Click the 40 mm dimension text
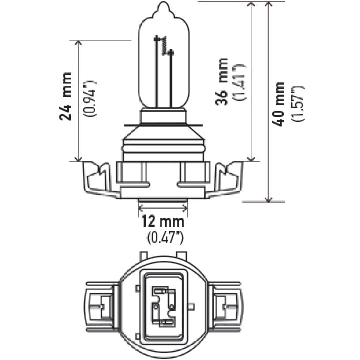279,104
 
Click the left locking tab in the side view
98,179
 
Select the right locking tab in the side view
228,179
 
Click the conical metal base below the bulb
163,137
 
